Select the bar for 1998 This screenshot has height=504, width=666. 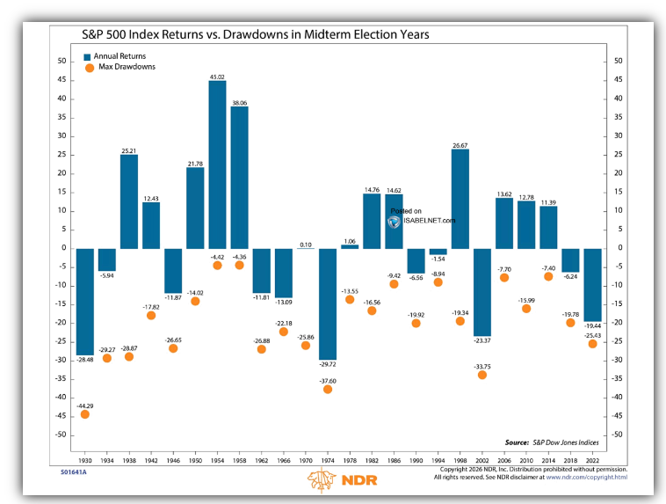click(x=460, y=199)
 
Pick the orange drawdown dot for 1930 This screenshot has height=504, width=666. click(x=85, y=413)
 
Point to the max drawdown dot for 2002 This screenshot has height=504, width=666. click(x=482, y=375)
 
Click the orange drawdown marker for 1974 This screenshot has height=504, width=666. click(x=328, y=389)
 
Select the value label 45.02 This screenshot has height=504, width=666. click(x=217, y=77)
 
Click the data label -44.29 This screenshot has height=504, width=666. click(x=85, y=405)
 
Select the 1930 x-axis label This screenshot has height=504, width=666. click(x=85, y=460)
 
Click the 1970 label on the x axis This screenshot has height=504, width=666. click(x=306, y=460)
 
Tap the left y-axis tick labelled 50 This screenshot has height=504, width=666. click(x=62, y=62)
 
